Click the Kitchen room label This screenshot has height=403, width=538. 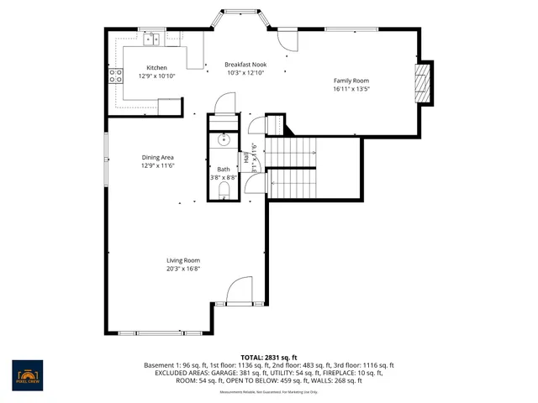tap(156, 68)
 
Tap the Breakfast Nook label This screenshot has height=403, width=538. tap(245, 65)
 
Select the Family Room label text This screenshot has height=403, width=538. tap(351, 81)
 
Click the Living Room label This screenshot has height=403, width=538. tap(182, 261)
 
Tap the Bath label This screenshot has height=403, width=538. tap(223, 170)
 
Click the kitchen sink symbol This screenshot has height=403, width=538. tap(153, 39)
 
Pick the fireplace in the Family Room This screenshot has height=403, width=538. tap(425, 83)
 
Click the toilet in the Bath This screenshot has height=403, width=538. tap(223, 192)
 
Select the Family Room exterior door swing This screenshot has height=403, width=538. tap(286, 38)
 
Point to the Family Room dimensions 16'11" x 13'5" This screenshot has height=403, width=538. tap(351, 89)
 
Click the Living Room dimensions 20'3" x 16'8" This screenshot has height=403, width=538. tap(182, 270)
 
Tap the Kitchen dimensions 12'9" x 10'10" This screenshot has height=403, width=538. tap(156, 76)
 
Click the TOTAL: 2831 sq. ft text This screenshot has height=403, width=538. tap(269, 358)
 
